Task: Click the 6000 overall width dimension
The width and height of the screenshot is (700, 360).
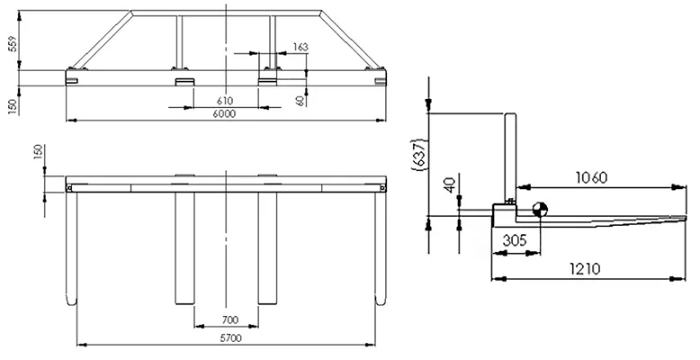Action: tap(224, 114)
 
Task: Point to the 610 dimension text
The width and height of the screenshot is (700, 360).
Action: tap(225, 101)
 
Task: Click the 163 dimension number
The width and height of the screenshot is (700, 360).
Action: tap(301, 46)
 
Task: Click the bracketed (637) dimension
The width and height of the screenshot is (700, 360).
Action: tap(417, 160)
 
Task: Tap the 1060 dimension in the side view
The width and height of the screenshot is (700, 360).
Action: tap(596, 178)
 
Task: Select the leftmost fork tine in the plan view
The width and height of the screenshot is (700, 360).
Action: tap(74, 252)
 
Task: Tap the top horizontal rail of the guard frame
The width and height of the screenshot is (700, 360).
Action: tap(225, 13)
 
